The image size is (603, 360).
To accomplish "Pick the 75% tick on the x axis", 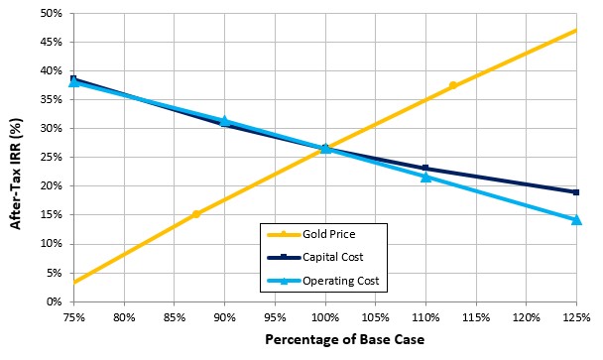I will pyautogui.click(x=73, y=316).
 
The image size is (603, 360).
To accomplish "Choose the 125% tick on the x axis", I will pyautogui.click(x=576, y=316).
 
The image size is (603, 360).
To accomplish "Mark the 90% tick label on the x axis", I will pyautogui.click(x=224, y=316).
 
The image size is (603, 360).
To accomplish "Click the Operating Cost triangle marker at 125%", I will pyautogui.click(x=576, y=219).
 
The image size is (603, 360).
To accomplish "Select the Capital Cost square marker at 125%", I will pyautogui.click(x=576, y=192).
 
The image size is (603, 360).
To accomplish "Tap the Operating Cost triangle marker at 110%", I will pyautogui.click(x=425, y=177).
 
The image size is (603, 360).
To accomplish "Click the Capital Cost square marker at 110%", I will pyautogui.click(x=425, y=169).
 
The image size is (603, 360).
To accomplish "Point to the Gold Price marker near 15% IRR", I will pyautogui.click(x=196, y=213).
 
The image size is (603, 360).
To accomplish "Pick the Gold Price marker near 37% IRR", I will pyautogui.click(x=452, y=85).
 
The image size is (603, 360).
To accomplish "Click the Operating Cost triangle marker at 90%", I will pyautogui.click(x=224, y=121).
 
